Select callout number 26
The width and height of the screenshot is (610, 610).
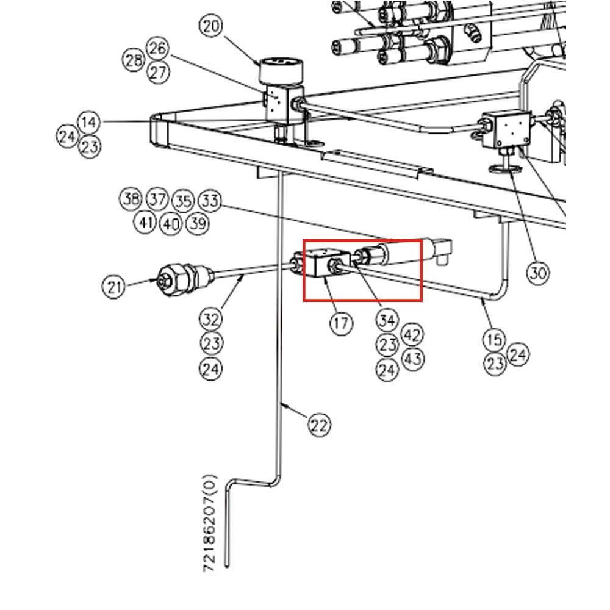click(158, 49)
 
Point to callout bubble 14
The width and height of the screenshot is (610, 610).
click(88, 123)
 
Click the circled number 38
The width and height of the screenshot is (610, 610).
click(131, 199)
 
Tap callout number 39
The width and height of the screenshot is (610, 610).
click(196, 223)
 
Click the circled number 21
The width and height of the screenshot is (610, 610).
click(113, 285)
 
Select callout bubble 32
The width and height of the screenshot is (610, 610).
click(211, 318)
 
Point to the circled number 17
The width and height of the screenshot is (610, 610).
click(341, 323)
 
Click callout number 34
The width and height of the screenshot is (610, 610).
click(387, 320)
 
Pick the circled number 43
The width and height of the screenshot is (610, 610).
click(412, 358)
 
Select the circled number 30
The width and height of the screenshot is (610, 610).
click(537, 272)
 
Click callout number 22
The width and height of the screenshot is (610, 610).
click(319, 424)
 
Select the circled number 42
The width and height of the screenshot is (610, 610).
click(412, 334)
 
